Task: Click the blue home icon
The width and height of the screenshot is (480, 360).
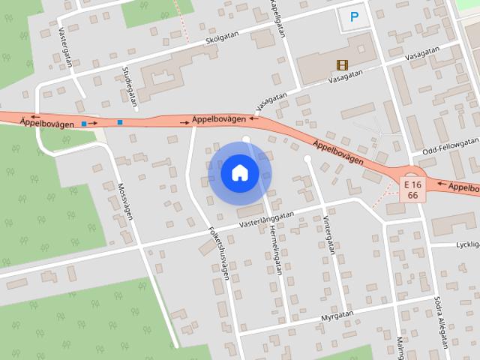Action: pos(240,173)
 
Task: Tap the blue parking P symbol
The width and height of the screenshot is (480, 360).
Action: pos(355,15)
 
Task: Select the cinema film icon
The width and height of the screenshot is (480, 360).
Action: pos(342,65)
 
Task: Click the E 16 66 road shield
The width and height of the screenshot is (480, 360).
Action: pos(412,189)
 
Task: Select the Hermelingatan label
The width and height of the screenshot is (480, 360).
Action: pos(274,251)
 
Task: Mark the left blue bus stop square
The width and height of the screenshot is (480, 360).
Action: pos(85,122)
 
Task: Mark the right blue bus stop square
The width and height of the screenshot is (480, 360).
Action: pos(120,122)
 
